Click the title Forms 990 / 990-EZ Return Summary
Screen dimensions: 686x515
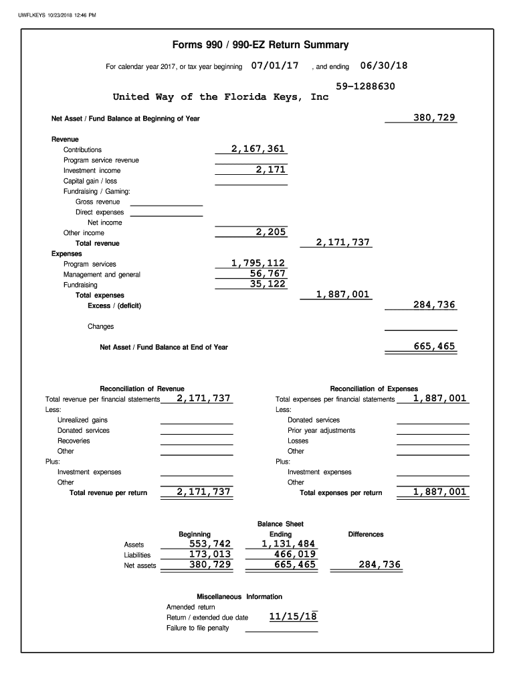tap(260, 45)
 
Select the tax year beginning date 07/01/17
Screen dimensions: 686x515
tap(275, 66)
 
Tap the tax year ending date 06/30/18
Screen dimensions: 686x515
tap(383, 66)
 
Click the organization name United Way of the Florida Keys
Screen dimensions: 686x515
tap(221, 97)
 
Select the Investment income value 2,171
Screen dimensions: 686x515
tap(271, 169)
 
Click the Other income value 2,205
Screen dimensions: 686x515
tap(271, 232)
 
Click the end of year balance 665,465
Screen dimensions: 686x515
tap(434, 346)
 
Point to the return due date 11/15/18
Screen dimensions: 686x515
tap(293, 616)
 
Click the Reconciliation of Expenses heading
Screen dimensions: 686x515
tap(374, 389)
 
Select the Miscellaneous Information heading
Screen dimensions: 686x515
tap(239, 596)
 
